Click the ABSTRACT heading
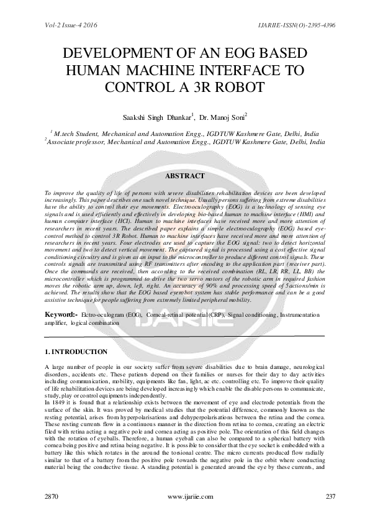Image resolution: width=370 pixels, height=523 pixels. point(184,176)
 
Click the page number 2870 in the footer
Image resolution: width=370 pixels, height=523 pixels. point(52,497)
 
